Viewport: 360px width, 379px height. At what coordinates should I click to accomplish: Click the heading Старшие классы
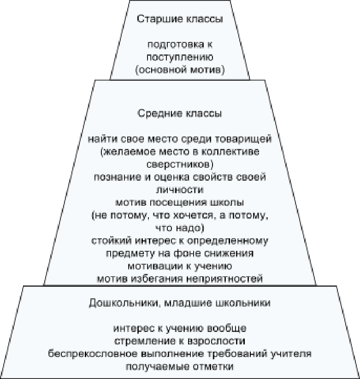click(x=180, y=19)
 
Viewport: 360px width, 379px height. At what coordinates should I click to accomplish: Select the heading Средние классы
click(x=179, y=113)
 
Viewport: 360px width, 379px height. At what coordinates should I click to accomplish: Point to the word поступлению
click(x=180, y=58)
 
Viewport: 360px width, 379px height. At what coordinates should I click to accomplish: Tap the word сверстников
click(x=178, y=165)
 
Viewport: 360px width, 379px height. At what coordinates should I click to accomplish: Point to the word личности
click(x=180, y=190)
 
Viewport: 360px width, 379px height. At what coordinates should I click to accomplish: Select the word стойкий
click(x=112, y=241)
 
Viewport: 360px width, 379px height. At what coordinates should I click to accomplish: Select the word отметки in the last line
click(x=213, y=367)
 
